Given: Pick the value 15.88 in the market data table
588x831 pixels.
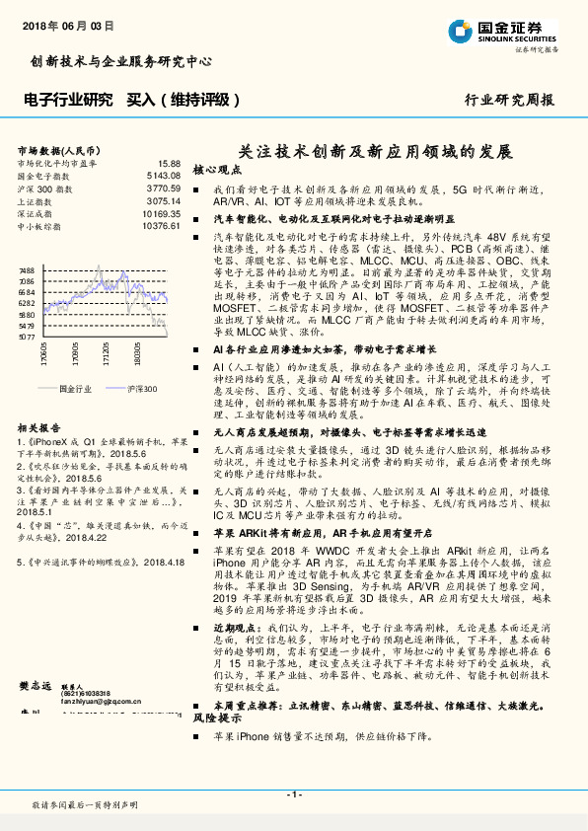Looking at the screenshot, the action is click(x=169, y=162).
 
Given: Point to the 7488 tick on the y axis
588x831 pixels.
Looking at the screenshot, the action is click(x=27, y=269).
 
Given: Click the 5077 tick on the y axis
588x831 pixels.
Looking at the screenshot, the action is click(x=27, y=337).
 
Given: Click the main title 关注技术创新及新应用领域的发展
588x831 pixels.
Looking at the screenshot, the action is click(x=376, y=153).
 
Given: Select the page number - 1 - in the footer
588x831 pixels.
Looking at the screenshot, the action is click(x=293, y=793).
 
